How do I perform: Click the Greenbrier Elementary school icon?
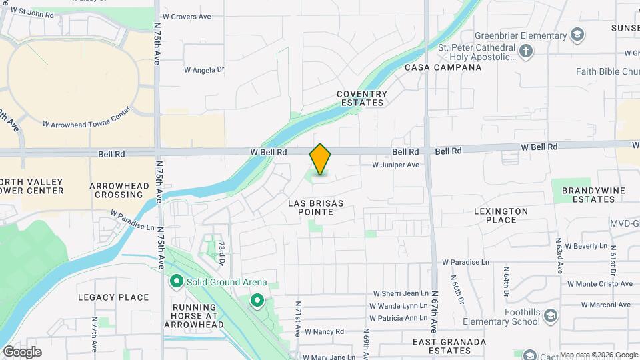(x=577, y=35)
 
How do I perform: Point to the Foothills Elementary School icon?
(x=550, y=316)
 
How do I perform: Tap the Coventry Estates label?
(x=361, y=99)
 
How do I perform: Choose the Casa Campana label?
(x=443, y=67)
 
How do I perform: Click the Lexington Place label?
(x=501, y=215)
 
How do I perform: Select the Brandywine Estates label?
(x=588, y=195)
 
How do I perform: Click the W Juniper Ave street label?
(x=395, y=165)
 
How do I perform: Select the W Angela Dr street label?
(x=204, y=69)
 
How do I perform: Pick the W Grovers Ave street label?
(x=187, y=16)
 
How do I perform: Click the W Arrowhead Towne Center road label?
(x=86, y=123)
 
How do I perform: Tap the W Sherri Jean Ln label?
(x=400, y=293)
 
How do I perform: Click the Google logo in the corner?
(x=22, y=351)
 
